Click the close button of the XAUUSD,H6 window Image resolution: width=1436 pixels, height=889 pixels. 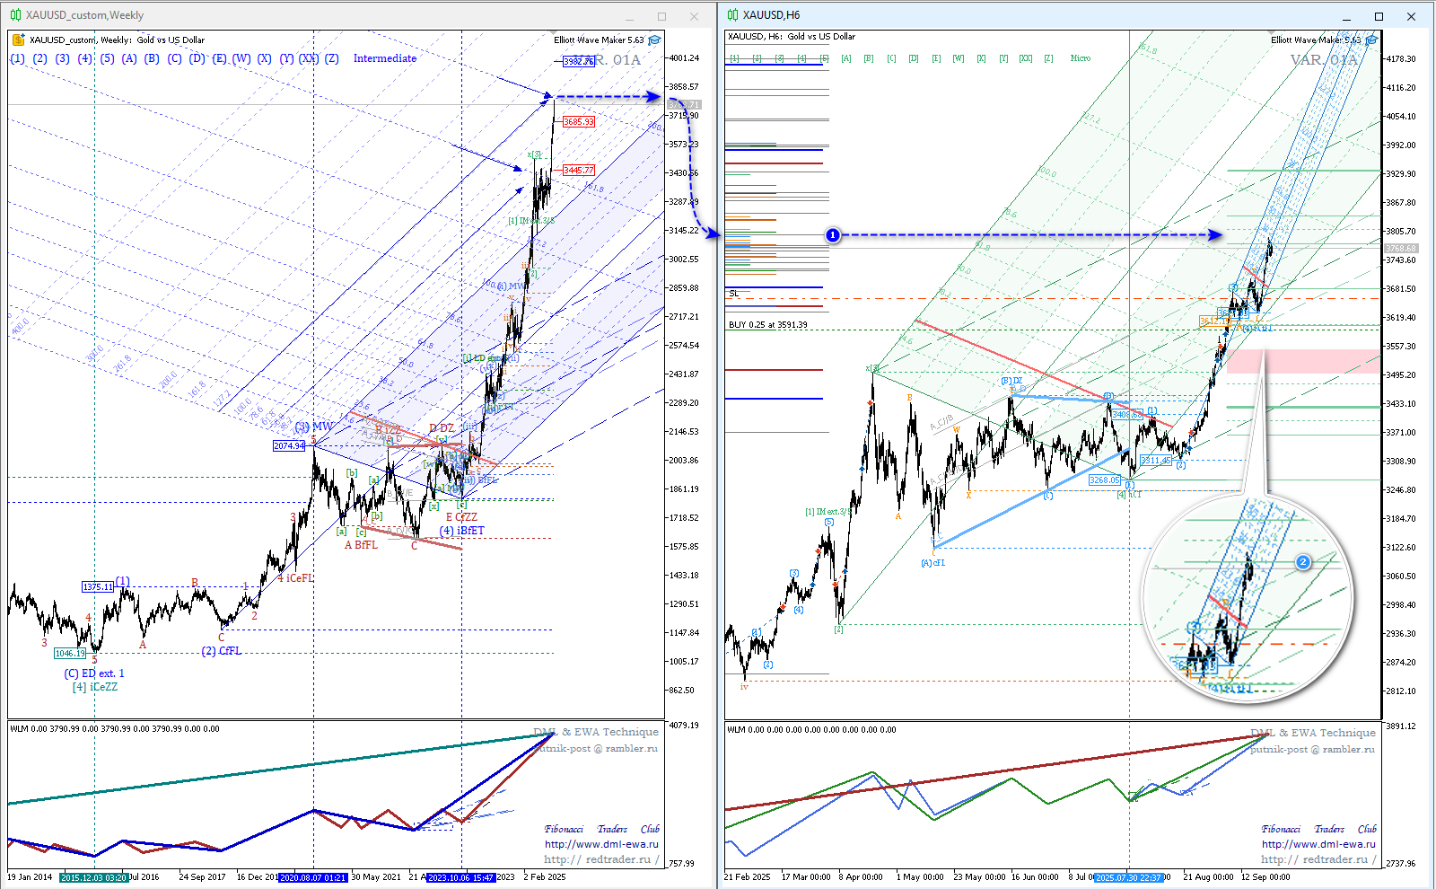(x=1411, y=16)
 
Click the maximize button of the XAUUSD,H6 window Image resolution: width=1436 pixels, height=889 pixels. (x=1379, y=16)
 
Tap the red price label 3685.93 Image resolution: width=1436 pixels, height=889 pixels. (x=579, y=122)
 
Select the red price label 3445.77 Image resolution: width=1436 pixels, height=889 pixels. (x=579, y=171)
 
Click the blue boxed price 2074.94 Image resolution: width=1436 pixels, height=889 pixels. (x=289, y=446)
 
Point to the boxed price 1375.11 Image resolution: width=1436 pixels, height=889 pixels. (x=98, y=587)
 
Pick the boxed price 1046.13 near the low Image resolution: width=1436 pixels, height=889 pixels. (x=70, y=654)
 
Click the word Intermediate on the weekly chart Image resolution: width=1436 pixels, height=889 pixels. (x=385, y=58)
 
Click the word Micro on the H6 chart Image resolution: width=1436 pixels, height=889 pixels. (x=1081, y=58)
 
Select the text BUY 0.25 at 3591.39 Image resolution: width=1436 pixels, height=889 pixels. (x=768, y=325)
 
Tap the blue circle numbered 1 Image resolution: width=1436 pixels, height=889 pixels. (x=833, y=235)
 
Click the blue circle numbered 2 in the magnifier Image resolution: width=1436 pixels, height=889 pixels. (x=1303, y=562)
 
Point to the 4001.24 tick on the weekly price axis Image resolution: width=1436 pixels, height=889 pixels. (x=684, y=58)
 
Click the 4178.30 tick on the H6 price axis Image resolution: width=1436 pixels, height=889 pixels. (x=1400, y=59)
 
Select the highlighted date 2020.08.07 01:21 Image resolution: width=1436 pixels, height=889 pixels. (x=312, y=877)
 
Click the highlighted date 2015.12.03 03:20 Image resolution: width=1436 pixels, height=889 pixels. (x=93, y=877)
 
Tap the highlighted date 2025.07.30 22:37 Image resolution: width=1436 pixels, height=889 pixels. (x=1129, y=877)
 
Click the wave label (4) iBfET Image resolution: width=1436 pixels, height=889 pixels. (x=461, y=531)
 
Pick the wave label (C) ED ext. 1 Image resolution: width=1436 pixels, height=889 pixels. (x=94, y=673)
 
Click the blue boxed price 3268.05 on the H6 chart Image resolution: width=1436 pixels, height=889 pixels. (x=1105, y=480)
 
